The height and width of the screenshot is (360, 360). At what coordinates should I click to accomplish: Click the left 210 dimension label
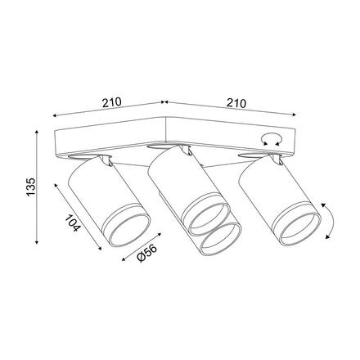tap(111, 102)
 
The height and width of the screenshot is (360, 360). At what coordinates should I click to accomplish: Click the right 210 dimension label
tap(236, 103)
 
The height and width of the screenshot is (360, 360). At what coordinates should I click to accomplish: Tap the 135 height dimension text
tap(31, 187)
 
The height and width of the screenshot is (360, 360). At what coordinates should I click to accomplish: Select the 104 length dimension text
tap(73, 223)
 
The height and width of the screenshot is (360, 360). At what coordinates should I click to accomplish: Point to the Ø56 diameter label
tap(147, 253)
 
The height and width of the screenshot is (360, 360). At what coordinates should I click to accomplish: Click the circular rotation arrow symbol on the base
tap(271, 140)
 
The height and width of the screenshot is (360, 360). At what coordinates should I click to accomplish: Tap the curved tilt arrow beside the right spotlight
tap(331, 221)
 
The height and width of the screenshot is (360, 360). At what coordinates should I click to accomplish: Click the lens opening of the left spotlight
tap(130, 230)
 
